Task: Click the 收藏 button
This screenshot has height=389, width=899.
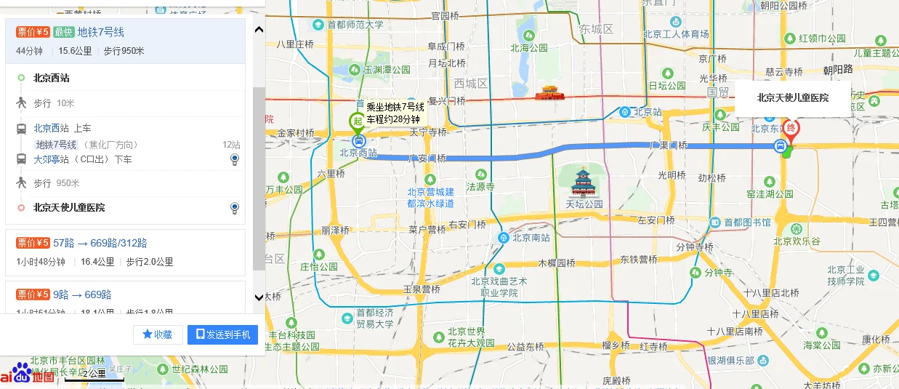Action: click(158, 334)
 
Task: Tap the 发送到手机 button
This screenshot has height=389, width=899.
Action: click(222, 334)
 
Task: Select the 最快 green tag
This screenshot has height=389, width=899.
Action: click(64, 32)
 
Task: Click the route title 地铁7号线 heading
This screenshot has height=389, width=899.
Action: click(101, 32)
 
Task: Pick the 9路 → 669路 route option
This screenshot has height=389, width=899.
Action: click(83, 294)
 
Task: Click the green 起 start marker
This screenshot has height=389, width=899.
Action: click(358, 121)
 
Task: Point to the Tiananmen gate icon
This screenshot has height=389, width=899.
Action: click(549, 93)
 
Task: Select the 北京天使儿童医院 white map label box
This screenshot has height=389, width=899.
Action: click(793, 97)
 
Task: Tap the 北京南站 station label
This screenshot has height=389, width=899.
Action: click(530, 237)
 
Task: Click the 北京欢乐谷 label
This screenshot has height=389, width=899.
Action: click(797, 241)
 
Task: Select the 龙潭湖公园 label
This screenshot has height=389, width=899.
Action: click(770, 194)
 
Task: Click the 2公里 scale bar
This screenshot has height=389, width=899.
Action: click(94, 374)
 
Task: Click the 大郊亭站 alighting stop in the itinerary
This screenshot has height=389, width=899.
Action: click(52, 159)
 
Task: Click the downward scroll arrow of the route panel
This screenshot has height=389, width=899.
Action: click(258, 297)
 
